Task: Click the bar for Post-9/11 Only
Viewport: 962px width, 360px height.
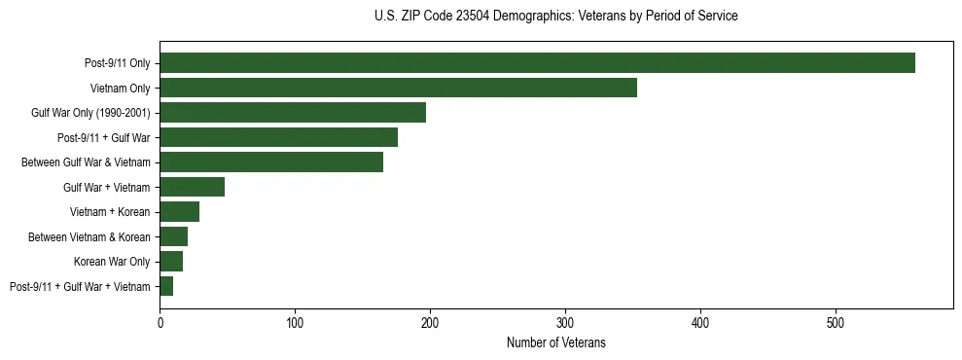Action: pos(537,63)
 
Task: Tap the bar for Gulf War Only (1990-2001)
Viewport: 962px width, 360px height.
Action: pos(293,113)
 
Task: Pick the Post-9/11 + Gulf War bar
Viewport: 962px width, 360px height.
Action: pos(278,137)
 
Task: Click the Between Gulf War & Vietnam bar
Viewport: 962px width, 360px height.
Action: pos(271,162)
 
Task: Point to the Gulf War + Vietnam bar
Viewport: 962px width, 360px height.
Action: pos(192,187)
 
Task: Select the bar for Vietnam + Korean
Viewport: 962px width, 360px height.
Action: pos(179,212)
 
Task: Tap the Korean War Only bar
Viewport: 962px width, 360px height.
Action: pos(171,262)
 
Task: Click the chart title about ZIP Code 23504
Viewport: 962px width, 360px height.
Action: pos(555,16)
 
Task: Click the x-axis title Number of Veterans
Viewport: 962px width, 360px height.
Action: pos(555,342)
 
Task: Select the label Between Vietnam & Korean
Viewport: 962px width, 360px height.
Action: pos(89,237)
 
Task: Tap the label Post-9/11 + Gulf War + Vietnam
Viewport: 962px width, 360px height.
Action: pos(80,287)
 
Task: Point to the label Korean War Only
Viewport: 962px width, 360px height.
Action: pos(112,262)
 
